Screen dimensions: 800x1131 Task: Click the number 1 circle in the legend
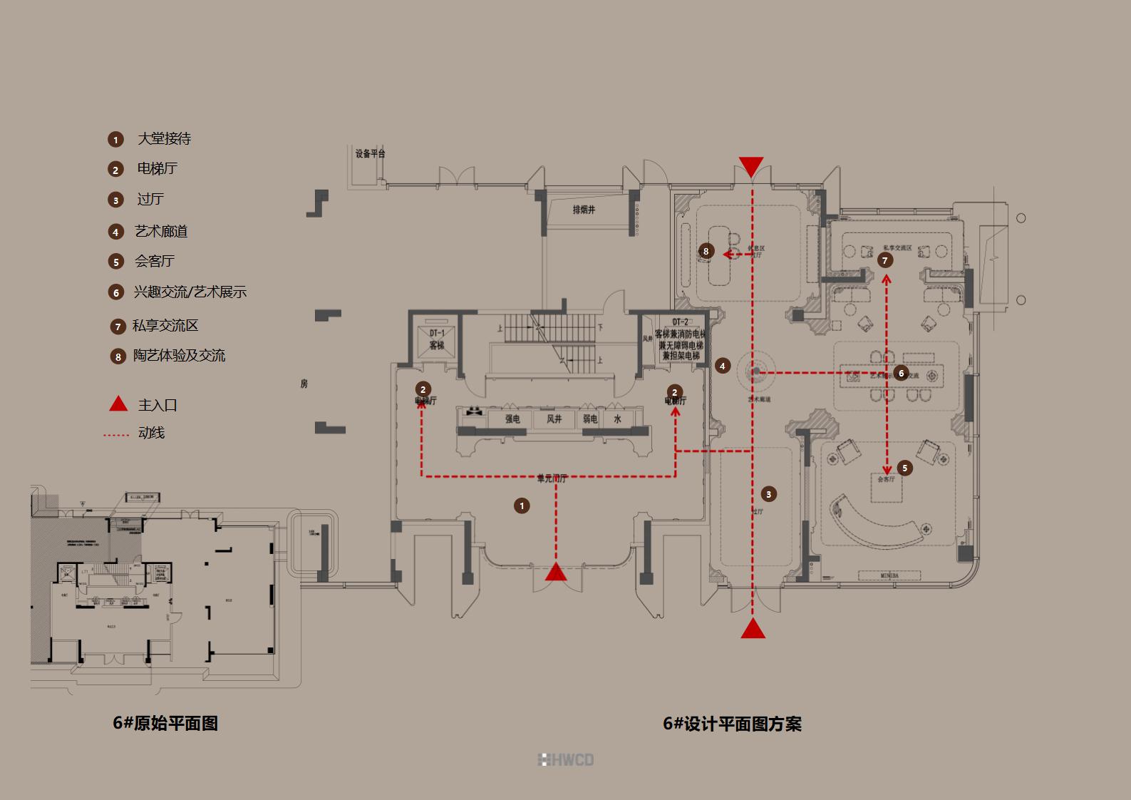(x=115, y=140)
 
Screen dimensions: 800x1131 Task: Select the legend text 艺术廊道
(x=161, y=231)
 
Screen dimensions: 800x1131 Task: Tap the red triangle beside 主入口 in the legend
(x=118, y=404)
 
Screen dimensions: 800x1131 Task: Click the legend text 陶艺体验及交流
(x=179, y=355)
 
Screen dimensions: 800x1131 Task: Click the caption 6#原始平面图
(x=165, y=723)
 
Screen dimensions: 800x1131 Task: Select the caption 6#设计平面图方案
(x=732, y=724)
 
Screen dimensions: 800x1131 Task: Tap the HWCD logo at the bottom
(x=566, y=760)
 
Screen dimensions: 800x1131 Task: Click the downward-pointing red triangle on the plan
(x=751, y=166)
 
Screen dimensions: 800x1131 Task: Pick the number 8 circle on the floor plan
(x=706, y=251)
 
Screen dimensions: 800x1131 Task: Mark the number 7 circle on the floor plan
(x=885, y=260)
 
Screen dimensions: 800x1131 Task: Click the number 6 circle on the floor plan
(x=902, y=373)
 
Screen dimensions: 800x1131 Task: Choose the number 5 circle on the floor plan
(x=905, y=468)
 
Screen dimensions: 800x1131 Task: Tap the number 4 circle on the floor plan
(x=723, y=366)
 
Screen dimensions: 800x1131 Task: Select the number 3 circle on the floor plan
(x=768, y=494)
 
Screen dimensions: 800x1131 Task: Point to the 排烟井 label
(x=584, y=210)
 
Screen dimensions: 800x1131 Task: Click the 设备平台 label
(x=371, y=153)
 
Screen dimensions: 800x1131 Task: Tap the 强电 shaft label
(x=512, y=419)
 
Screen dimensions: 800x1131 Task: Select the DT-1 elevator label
(x=437, y=333)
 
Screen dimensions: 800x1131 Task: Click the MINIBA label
(x=889, y=575)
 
